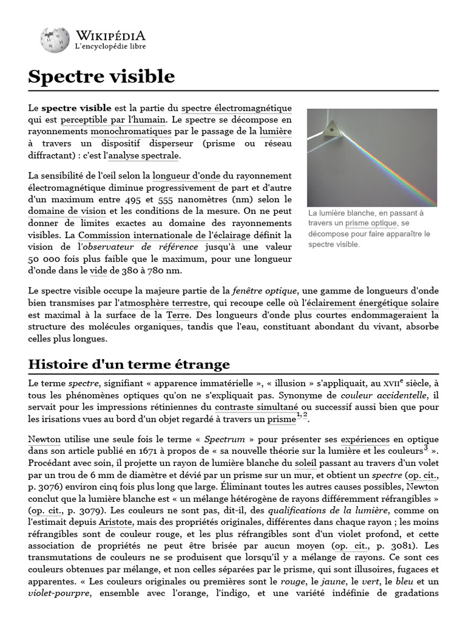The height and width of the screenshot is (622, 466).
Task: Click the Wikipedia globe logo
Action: (x=55, y=39)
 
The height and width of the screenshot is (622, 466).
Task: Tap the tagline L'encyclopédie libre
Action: (x=110, y=46)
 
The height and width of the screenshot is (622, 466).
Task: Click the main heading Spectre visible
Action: (x=101, y=77)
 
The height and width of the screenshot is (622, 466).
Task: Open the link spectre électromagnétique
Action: (x=237, y=108)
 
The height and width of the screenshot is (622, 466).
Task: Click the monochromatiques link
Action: (x=131, y=131)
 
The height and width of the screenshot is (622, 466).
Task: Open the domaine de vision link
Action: (x=67, y=211)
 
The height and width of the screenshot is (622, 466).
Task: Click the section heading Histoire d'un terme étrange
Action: (x=129, y=364)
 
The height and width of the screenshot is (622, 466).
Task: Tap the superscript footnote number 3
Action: (x=426, y=448)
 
